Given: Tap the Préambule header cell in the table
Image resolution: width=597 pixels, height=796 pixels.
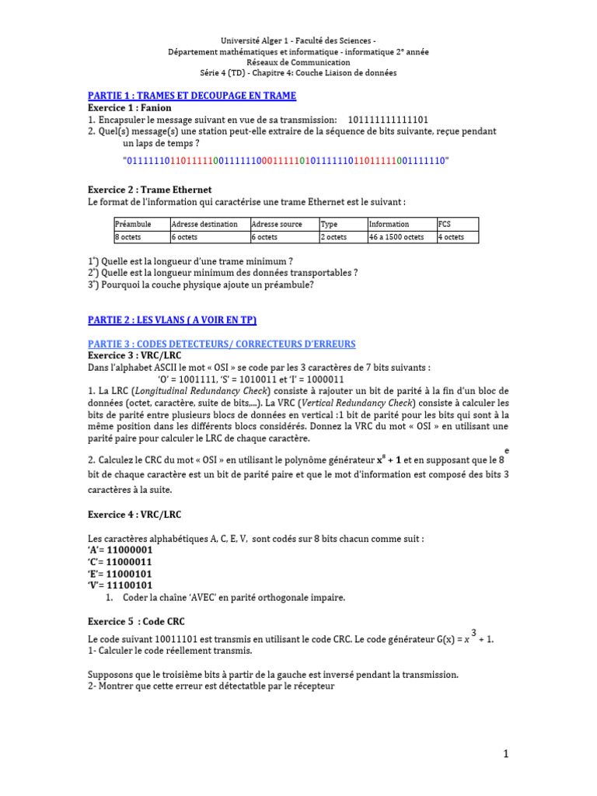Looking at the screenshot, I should click(133, 224).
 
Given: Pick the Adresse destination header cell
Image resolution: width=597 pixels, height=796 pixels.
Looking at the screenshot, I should click(204, 224).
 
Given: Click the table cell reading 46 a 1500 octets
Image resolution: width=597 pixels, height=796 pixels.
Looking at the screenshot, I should click(396, 237).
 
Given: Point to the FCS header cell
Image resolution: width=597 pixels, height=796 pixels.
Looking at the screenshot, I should click(445, 224).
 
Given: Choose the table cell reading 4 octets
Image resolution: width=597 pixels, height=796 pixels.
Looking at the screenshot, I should click(452, 237).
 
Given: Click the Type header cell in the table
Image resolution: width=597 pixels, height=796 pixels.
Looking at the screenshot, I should click(330, 224).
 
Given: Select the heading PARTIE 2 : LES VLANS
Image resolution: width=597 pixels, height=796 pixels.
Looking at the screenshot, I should click(172, 320).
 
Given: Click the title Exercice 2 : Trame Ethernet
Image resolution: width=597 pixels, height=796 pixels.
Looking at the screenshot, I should click(150, 190).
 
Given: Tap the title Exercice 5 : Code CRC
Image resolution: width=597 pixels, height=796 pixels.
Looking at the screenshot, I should click(137, 622).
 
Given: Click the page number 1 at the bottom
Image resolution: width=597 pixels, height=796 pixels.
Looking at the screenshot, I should click(505, 754).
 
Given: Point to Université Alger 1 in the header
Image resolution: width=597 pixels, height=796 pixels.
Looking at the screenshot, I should click(259, 40).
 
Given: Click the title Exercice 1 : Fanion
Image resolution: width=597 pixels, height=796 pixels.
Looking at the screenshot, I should click(130, 108).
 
